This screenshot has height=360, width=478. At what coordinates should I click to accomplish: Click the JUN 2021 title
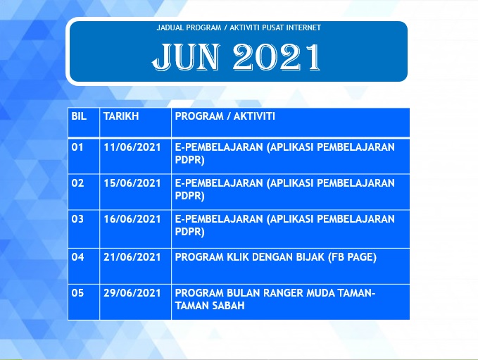237,57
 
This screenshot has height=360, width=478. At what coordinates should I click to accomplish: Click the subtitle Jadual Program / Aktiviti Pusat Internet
239,27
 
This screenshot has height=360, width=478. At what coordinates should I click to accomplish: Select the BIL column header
79,116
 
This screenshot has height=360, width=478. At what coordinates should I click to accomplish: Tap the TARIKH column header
121,116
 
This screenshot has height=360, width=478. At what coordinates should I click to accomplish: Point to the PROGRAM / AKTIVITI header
225,116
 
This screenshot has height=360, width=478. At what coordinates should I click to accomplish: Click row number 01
77,147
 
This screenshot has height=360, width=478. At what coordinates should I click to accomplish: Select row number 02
77,183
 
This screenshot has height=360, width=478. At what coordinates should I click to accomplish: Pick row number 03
77,219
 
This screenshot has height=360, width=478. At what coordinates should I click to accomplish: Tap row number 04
77,257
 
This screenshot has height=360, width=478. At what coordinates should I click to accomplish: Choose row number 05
77,293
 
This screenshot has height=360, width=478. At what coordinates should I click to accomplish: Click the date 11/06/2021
132,147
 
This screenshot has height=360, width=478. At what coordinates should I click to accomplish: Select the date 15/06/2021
132,183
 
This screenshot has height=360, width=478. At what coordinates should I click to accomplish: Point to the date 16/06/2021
132,219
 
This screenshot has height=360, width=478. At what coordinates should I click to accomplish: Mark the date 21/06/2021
132,257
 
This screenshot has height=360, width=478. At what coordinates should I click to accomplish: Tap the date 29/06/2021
132,293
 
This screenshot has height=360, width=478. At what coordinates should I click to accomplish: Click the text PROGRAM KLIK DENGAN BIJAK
250,257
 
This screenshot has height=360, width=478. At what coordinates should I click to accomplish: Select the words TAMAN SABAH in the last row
210,306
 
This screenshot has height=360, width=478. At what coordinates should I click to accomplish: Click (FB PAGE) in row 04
353,257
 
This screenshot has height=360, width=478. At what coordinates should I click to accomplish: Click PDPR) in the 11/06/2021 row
189,161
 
